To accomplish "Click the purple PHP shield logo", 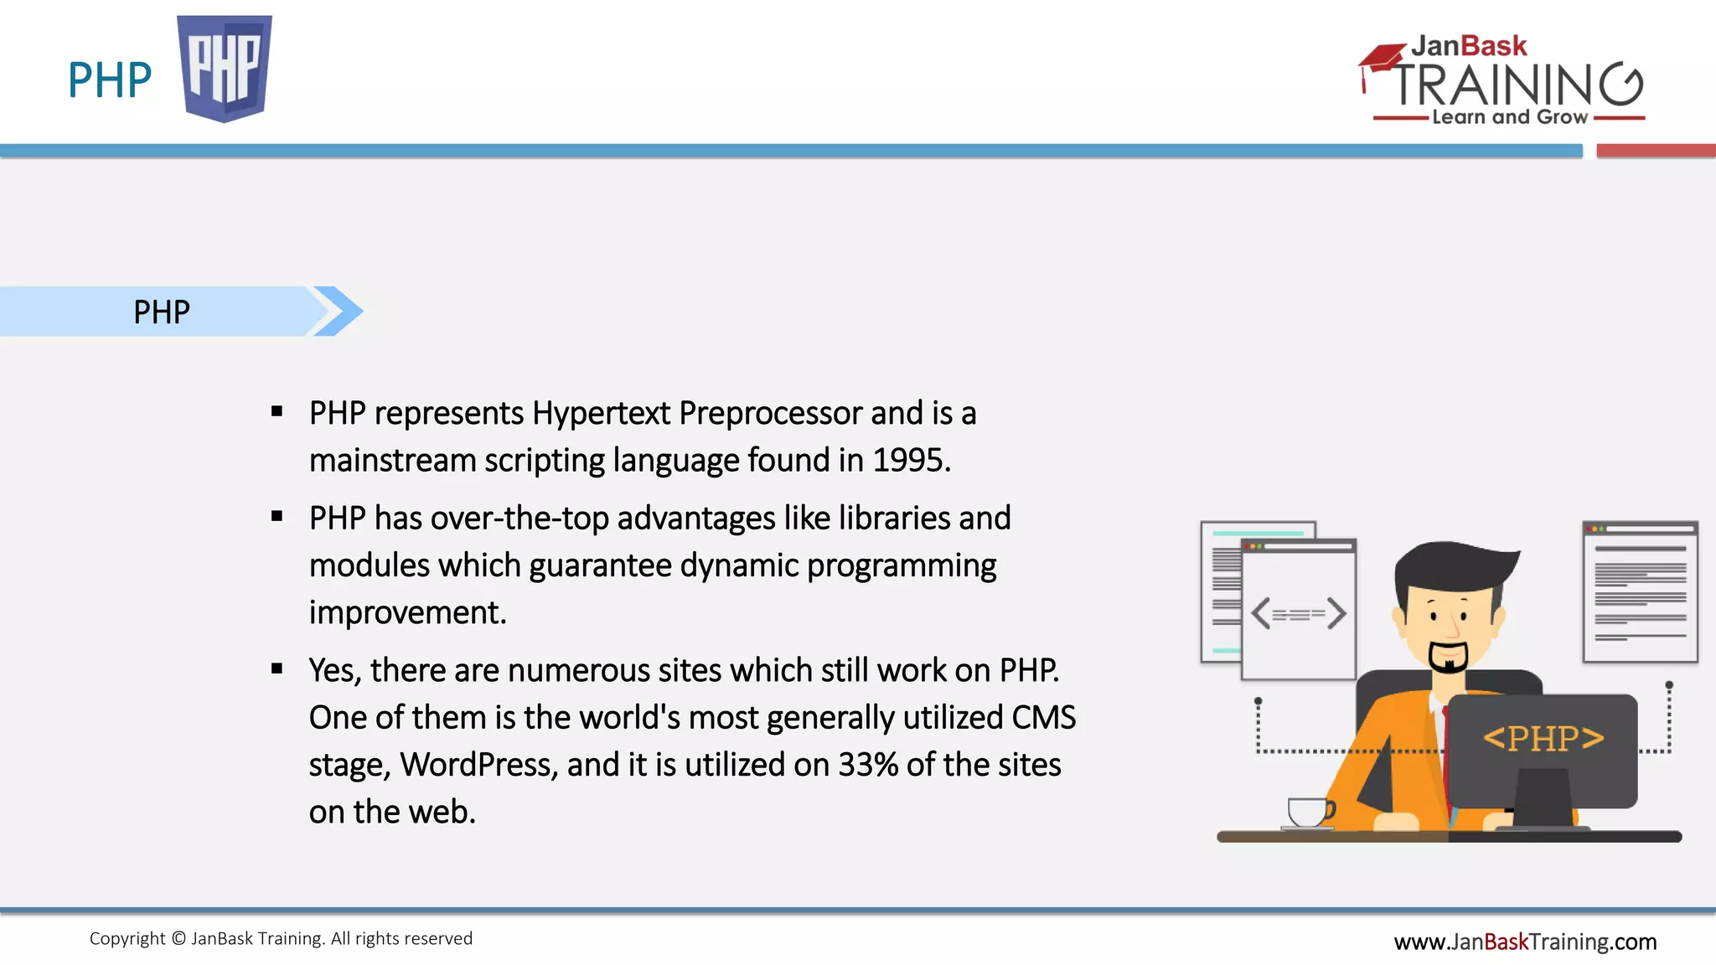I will [x=225, y=67].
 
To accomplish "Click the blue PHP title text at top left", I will [x=110, y=80].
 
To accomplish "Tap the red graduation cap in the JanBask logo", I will [x=1381, y=60].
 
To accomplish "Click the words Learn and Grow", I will [x=1509, y=117].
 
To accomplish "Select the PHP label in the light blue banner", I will [x=162, y=312].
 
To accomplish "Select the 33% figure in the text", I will [x=868, y=765].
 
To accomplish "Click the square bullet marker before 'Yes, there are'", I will [x=277, y=668].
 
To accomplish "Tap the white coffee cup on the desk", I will [x=1309, y=812].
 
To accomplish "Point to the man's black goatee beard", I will [x=1448, y=658].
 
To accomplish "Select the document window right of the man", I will [x=1640, y=591].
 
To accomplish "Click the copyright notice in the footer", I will [x=281, y=938].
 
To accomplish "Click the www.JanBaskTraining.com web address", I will [x=1525, y=942].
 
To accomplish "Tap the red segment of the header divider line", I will [x=1656, y=151].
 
